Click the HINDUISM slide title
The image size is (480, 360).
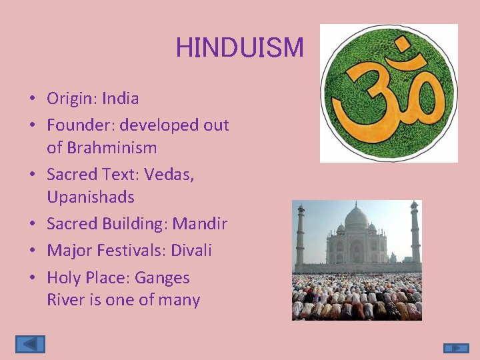[239, 47]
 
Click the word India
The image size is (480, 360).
[121, 99]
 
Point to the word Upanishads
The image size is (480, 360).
[91, 197]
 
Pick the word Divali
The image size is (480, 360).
[191, 251]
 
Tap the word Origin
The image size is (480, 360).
[69, 99]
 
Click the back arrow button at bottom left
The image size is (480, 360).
[30, 344]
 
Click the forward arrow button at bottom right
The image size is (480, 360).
[456, 348]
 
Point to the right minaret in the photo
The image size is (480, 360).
[415, 232]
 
